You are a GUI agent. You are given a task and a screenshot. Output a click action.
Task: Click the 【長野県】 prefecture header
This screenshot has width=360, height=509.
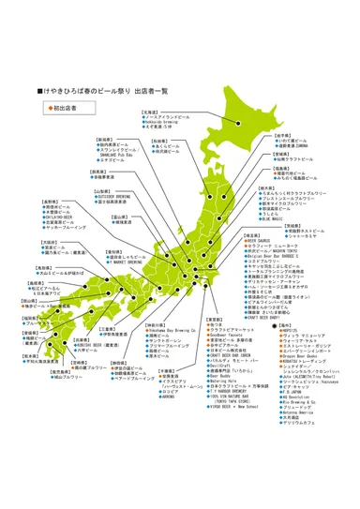click(52, 202)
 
